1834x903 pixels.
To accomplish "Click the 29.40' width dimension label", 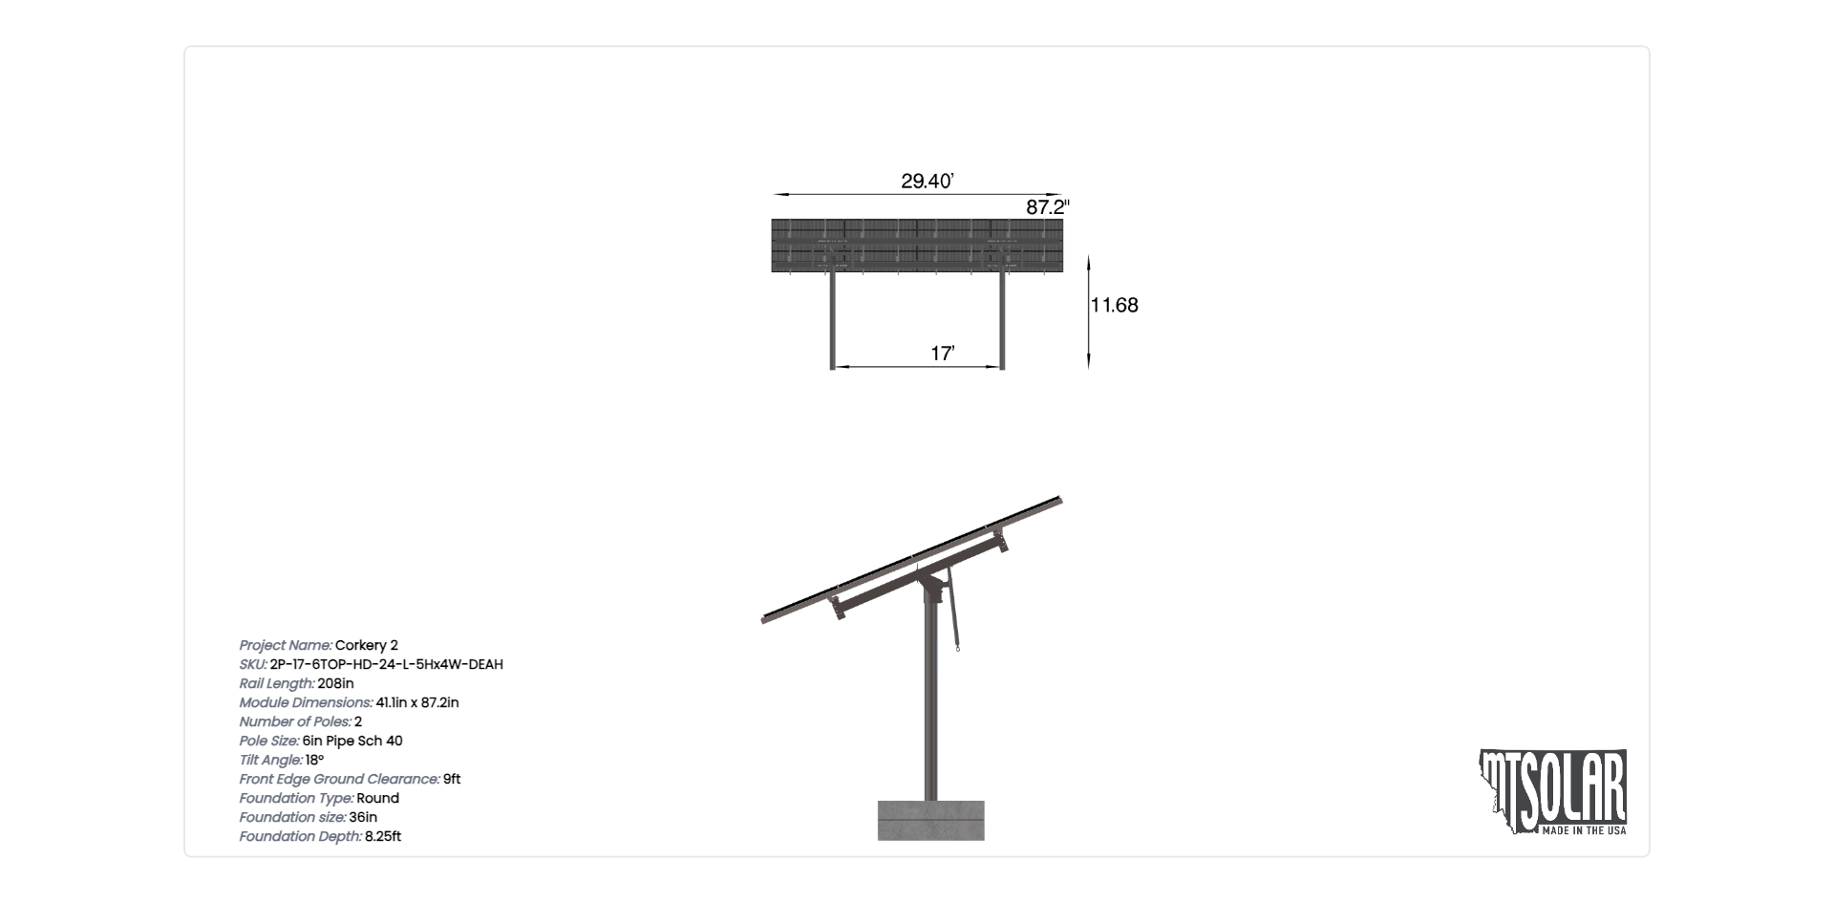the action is pyautogui.click(x=928, y=181).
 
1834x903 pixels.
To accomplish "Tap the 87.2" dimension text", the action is pyautogui.click(x=1048, y=206).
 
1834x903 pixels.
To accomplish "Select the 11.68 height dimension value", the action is pyautogui.click(x=1115, y=305).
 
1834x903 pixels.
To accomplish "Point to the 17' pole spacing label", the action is pyautogui.click(x=943, y=354).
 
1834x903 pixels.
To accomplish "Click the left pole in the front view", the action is pyautogui.click(x=832, y=320).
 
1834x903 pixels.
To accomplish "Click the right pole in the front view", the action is pyautogui.click(x=1002, y=320).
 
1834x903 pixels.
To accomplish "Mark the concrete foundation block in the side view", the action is pyautogui.click(x=931, y=820).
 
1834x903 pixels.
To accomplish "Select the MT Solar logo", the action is pyautogui.click(x=1553, y=792).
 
